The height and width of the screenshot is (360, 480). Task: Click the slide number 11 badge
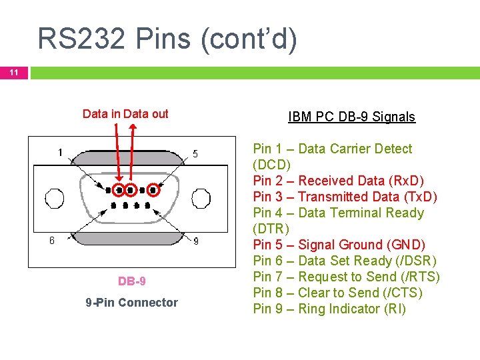point(14,73)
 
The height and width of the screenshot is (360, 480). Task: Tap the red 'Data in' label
point(101,114)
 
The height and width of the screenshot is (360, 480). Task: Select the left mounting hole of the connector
point(55,198)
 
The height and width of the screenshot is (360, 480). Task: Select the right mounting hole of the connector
point(201,198)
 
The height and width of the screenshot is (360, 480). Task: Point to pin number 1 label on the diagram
point(60,152)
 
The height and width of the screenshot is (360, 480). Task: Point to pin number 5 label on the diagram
point(195,153)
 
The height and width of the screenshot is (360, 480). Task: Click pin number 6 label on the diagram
point(51,241)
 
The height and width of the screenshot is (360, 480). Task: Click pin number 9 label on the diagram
point(195,241)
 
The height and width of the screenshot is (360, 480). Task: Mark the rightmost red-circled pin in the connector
point(153,190)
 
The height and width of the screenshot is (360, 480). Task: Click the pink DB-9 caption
point(132,281)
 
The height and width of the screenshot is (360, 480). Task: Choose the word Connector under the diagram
point(148,303)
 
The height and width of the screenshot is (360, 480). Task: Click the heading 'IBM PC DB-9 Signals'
point(351,117)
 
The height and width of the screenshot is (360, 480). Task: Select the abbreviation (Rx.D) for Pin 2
point(405,181)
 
